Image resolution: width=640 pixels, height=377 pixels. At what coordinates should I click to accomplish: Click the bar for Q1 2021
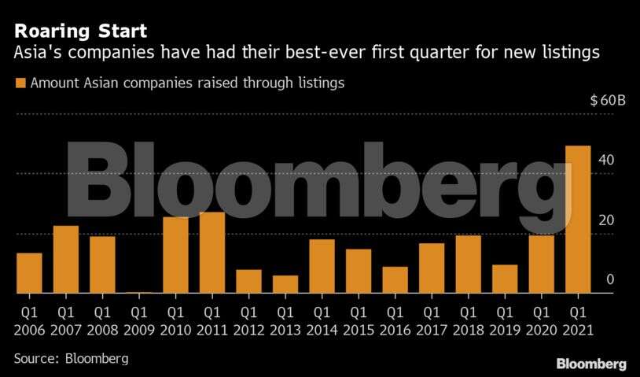click(x=578, y=220)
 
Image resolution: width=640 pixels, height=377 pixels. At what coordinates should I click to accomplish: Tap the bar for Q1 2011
click(x=212, y=253)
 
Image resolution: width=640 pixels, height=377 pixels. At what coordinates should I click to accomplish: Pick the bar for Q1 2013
click(x=285, y=284)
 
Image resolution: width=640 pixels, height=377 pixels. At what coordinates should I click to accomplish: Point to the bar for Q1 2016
click(x=395, y=280)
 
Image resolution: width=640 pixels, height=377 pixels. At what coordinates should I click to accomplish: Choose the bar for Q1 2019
click(x=505, y=279)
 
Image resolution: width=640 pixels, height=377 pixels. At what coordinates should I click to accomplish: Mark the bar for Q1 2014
click(x=322, y=266)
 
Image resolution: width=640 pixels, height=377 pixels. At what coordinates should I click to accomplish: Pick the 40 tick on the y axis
click(x=606, y=160)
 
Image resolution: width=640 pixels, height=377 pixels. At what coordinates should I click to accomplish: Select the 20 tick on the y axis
click(x=606, y=220)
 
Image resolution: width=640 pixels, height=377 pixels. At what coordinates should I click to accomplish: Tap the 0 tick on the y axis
click(x=609, y=279)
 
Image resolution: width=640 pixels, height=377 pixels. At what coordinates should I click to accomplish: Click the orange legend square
click(x=20, y=83)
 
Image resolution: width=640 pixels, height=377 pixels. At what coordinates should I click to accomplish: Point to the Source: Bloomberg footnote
click(x=71, y=358)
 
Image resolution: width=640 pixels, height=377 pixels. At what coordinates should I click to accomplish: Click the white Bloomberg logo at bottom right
click(x=591, y=364)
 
